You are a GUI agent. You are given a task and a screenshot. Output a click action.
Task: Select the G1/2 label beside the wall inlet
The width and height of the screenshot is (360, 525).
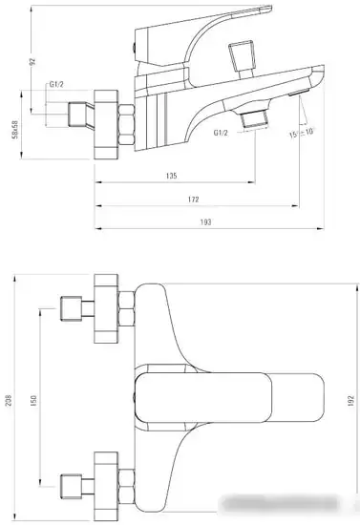(57, 87)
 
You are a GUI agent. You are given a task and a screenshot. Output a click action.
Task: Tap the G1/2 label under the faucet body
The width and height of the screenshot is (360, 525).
(222, 134)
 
